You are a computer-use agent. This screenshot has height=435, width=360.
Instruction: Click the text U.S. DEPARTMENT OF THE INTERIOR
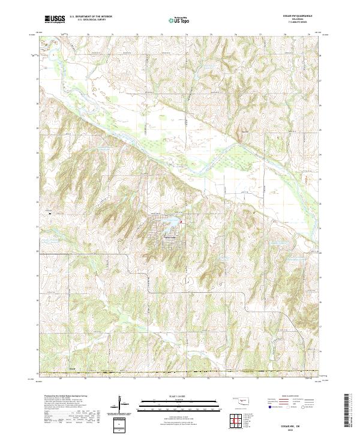point(91,17)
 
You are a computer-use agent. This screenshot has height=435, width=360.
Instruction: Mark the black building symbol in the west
point(50,212)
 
